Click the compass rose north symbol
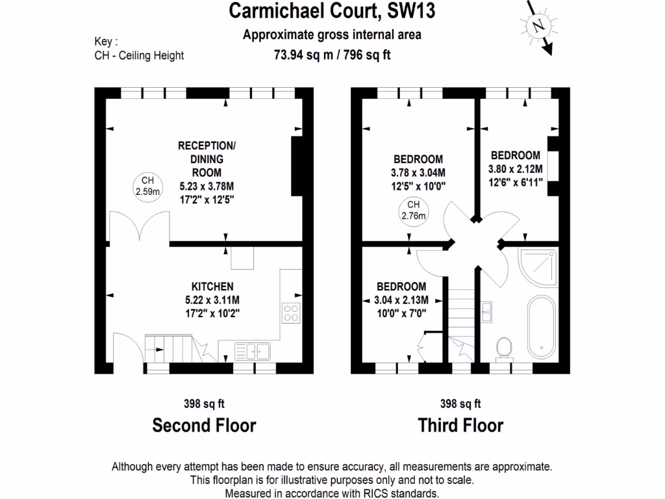[537, 27]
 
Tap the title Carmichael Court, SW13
[332, 11]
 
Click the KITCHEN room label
[212, 286]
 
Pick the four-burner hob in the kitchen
[291, 313]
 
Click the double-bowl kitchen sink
[254, 351]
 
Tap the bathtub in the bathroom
[540, 327]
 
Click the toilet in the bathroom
[503, 348]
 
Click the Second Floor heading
[204, 426]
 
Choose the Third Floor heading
[460, 426]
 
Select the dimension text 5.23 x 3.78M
[206, 186]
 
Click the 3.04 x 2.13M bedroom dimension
[401, 300]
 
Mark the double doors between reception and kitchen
[140, 227]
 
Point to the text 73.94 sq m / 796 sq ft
[332, 55]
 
